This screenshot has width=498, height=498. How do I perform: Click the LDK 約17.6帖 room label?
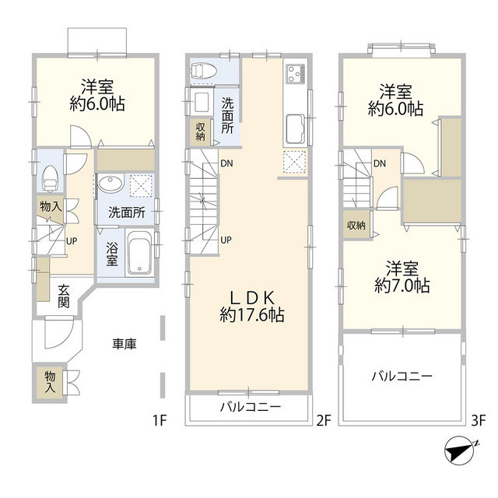click(x=251, y=306)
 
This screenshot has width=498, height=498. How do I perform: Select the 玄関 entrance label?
click(x=64, y=295)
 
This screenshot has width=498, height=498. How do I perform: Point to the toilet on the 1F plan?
click(x=51, y=178)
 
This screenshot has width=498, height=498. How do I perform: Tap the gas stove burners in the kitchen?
click(x=296, y=74)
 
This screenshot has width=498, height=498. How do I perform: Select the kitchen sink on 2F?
click(x=296, y=126)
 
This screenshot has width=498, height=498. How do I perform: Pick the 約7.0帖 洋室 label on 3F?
click(x=402, y=276)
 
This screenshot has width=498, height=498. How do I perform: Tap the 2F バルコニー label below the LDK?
click(x=249, y=407)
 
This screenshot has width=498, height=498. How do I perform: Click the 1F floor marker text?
click(x=160, y=422)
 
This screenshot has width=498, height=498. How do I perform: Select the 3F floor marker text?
click(x=477, y=422)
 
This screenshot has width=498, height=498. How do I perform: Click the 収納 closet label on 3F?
click(x=356, y=226)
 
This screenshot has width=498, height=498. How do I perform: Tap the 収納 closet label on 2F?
click(x=201, y=132)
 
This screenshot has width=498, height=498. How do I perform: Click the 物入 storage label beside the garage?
click(x=51, y=381)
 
